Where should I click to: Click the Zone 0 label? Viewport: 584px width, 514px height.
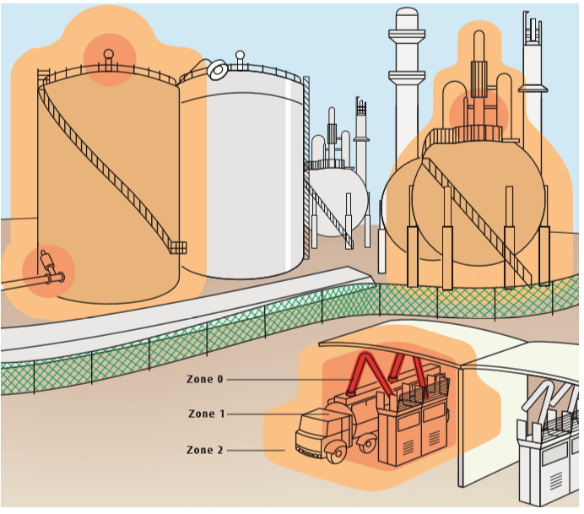[205, 380]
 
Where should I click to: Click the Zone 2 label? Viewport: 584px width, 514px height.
[205, 450]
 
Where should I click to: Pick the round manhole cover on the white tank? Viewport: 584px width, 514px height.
[218, 68]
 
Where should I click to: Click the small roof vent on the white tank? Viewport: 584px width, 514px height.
[241, 59]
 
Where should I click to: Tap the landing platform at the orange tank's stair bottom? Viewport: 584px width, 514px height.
[177, 246]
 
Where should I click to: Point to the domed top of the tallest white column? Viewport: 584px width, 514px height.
[407, 16]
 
